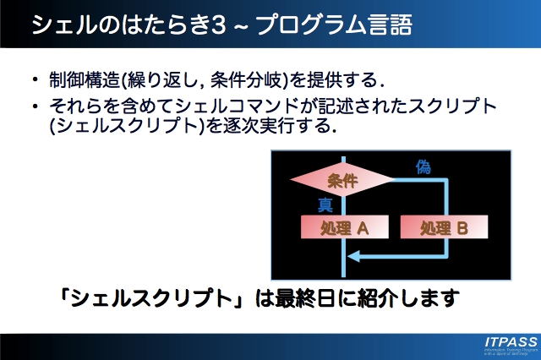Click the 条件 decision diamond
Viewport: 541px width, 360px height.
342,180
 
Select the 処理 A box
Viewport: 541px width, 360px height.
343,227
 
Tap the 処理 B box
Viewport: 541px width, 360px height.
444,227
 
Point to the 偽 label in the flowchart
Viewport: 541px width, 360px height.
424,166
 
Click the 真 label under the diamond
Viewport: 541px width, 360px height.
325,205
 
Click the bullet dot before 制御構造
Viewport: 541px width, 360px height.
35,82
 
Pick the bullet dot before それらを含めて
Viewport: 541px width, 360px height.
35,107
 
